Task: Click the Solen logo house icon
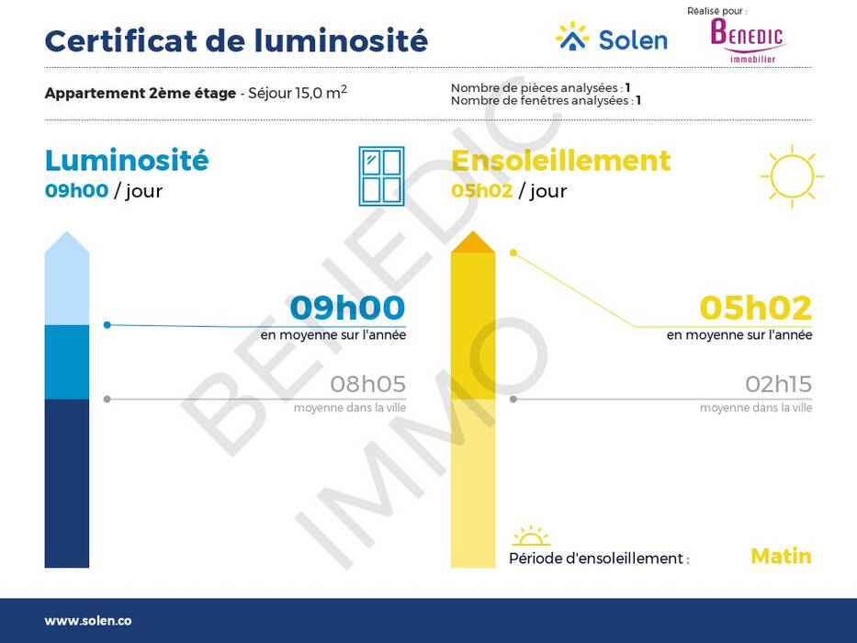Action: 572,37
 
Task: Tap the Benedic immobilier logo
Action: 747,39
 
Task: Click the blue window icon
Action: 381,176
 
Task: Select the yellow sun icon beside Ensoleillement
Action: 792,176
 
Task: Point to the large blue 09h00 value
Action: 347,308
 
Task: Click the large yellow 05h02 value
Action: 755,308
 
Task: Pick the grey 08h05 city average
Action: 367,384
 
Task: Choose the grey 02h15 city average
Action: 778,384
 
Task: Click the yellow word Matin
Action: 781,556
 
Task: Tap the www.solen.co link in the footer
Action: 88,621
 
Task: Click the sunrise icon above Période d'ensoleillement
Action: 530,536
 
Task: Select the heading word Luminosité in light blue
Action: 127,160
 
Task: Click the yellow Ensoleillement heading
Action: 561,161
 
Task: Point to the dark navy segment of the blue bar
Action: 67,483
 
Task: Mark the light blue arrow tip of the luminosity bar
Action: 67,231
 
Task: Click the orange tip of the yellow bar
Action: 473,242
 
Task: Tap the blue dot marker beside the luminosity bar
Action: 107,325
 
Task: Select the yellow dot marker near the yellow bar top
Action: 513,253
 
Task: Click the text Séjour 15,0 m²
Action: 298,93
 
